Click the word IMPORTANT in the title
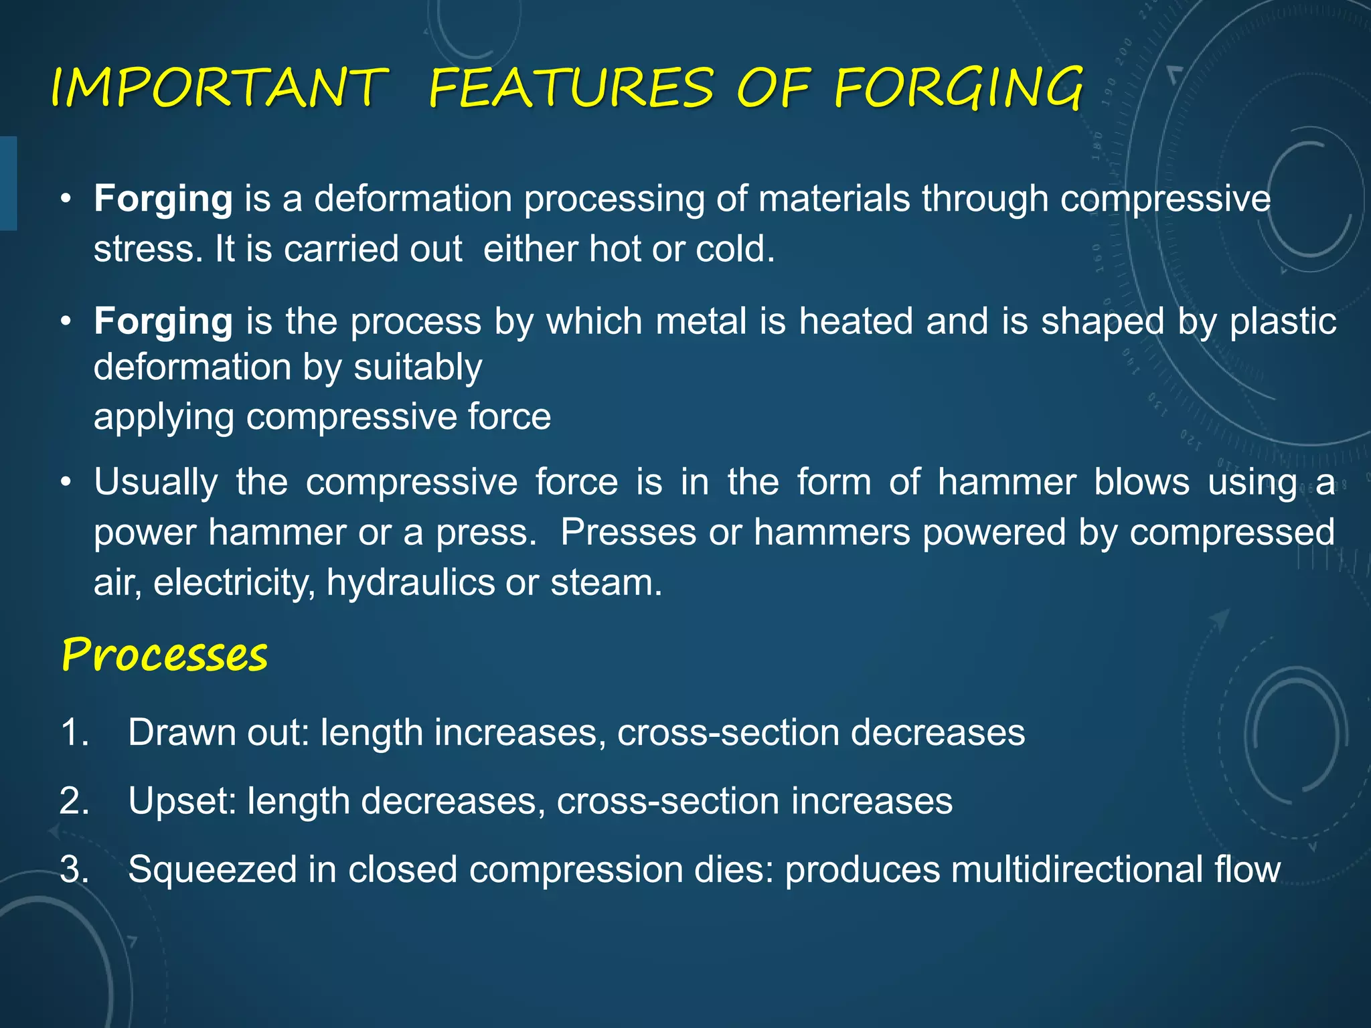(220, 88)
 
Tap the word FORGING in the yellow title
(958, 88)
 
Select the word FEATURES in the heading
(571, 88)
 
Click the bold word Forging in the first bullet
(163, 199)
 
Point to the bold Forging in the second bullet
(163, 322)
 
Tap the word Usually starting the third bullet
(156, 483)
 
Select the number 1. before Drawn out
(74, 732)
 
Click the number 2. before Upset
(74, 801)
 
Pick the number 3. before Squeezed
(74, 869)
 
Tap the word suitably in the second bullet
(418, 368)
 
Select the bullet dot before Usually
(65, 482)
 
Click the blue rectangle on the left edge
(8, 183)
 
